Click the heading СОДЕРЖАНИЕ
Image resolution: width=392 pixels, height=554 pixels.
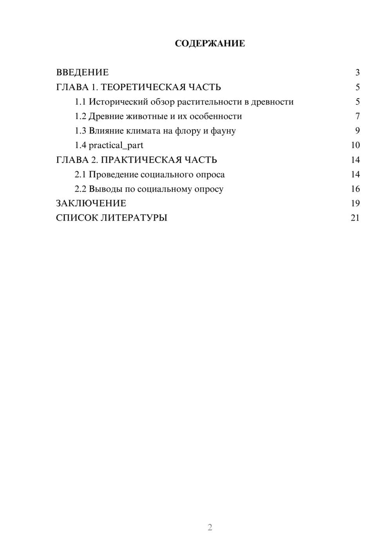pos(210,43)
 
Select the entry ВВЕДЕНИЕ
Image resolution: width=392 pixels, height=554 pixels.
pos(82,72)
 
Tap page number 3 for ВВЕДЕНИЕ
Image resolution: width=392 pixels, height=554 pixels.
pos(357,72)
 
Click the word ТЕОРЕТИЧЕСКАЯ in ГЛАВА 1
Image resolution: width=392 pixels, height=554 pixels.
pos(143,87)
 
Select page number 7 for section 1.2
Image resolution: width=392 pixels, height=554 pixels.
pos(357,116)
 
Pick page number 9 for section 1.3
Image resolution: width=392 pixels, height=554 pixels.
pos(357,131)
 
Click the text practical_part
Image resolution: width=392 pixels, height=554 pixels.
pos(116,145)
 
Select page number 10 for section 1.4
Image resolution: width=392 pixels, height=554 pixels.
pos(355,145)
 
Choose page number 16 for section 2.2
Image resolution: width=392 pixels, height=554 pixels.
pos(355,189)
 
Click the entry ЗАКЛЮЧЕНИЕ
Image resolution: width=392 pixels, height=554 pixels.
pos(91,203)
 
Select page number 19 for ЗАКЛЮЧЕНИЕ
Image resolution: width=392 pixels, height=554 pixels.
pos(355,203)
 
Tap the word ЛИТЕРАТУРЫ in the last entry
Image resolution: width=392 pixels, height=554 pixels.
pos(134,218)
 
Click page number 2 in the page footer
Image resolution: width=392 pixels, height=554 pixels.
pos(210,527)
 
